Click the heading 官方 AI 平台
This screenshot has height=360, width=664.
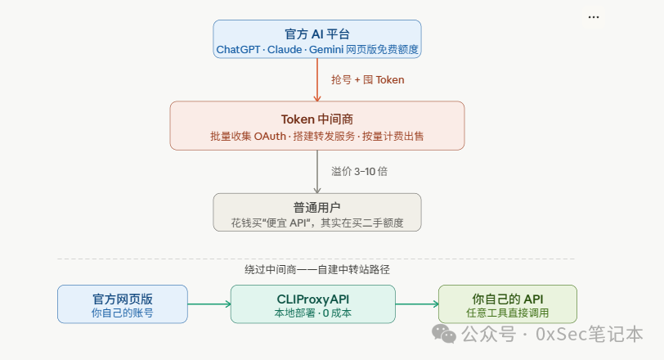point(317,34)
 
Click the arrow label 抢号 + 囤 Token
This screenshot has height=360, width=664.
point(367,80)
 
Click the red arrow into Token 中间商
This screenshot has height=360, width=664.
point(317,82)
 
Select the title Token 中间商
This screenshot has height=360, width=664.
point(317,118)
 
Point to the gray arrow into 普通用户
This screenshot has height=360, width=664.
point(317,173)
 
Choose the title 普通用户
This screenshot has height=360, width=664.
point(316,207)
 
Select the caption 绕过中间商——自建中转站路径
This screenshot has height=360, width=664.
point(316,269)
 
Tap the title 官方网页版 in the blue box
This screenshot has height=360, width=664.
point(122,297)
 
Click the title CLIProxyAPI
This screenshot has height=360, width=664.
point(313,297)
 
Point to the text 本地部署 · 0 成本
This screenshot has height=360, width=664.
point(313,313)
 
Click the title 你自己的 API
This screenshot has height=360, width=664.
point(508,297)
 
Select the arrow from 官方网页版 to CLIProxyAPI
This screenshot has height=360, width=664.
point(209,304)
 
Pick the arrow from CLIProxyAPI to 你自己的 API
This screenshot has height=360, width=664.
point(417,304)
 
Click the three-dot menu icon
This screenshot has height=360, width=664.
point(594,17)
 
